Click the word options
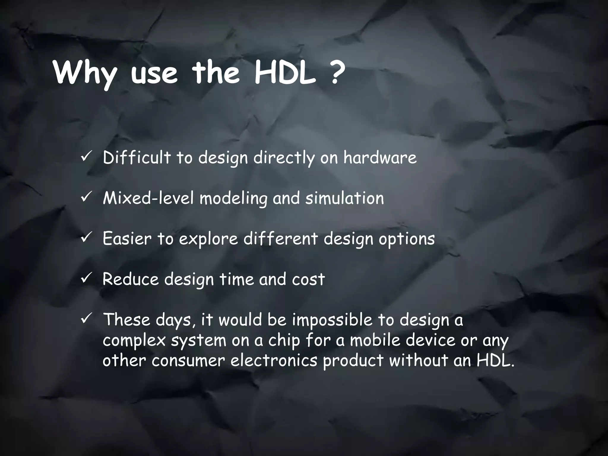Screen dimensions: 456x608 tap(406, 239)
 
